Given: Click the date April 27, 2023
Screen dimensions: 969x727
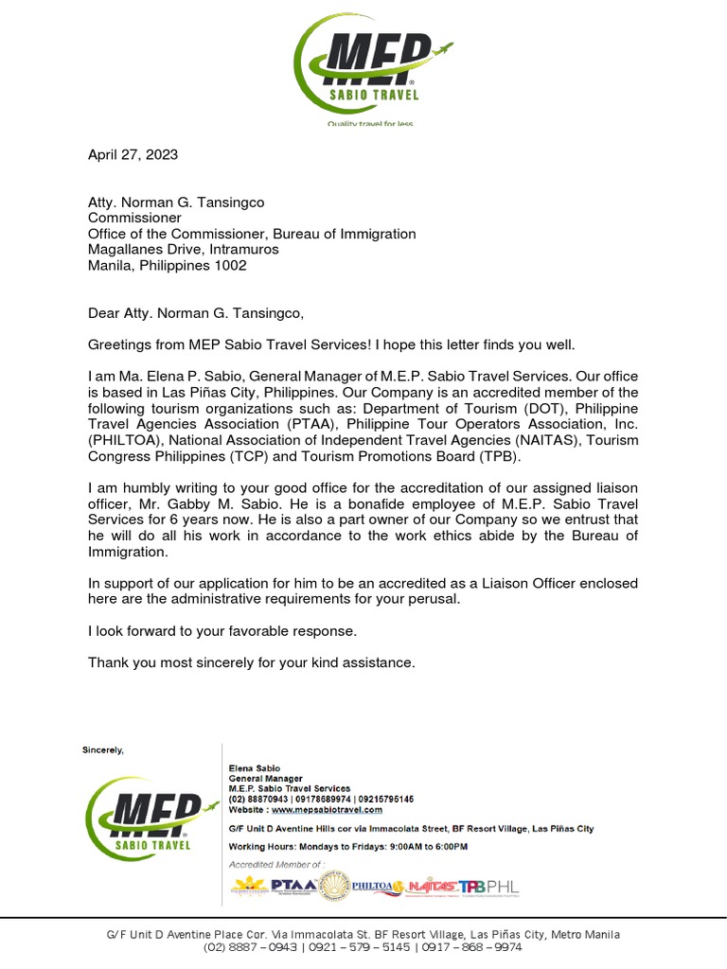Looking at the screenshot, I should point(133,154).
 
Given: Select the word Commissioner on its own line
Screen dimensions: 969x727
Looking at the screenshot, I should point(133,218).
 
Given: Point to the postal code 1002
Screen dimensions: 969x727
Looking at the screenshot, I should point(230,266).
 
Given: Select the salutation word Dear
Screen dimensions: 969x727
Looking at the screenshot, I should point(104,314).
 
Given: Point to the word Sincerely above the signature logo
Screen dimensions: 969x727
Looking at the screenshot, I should point(102,750).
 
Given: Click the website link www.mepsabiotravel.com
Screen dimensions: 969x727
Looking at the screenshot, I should point(327,810).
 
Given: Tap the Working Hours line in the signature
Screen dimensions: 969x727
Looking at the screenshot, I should point(347,847).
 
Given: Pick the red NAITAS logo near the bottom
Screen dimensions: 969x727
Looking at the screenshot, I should point(432,887).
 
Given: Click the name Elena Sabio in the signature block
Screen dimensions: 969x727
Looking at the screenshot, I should point(255,767).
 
